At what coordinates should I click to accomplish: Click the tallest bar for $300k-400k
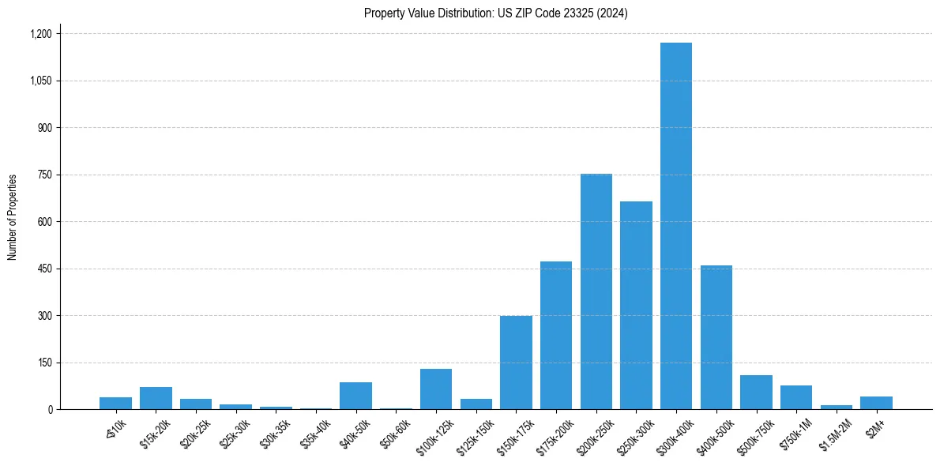[x=676, y=226]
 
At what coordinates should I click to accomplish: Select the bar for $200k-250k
[x=596, y=291]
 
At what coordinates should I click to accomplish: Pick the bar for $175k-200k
[x=556, y=336]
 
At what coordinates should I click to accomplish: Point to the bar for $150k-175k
[x=516, y=363]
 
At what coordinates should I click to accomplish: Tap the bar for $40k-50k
[x=355, y=396]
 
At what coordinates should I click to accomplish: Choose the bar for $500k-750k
[x=756, y=393]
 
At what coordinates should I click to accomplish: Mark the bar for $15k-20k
[x=156, y=398]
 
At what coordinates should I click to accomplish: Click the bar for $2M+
[x=876, y=403]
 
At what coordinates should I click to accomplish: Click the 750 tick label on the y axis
[x=44, y=175]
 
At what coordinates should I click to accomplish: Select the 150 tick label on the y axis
[x=44, y=363]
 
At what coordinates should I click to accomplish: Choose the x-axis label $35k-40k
[x=315, y=431]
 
